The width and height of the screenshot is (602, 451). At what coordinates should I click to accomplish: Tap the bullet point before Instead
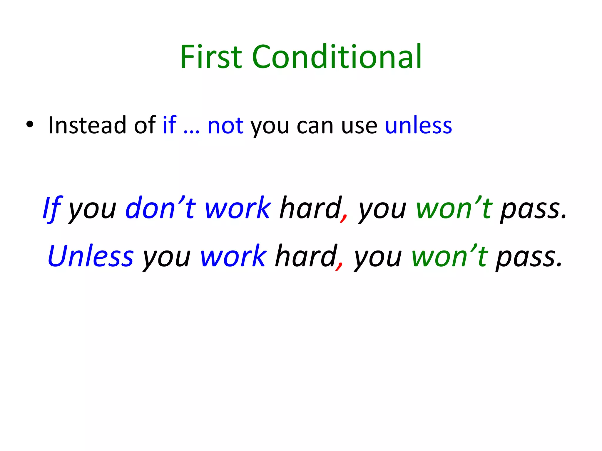(x=29, y=125)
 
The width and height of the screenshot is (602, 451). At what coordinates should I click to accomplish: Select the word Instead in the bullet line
(x=87, y=125)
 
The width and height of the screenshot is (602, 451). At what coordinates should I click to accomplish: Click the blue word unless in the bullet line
(x=418, y=125)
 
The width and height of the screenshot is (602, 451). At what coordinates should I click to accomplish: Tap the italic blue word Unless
(x=91, y=256)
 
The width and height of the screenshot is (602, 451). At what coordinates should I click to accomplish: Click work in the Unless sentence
(x=233, y=256)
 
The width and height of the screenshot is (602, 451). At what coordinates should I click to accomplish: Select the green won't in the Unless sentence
(x=450, y=256)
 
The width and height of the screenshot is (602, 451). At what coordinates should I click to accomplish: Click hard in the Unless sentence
(x=306, y=256)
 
